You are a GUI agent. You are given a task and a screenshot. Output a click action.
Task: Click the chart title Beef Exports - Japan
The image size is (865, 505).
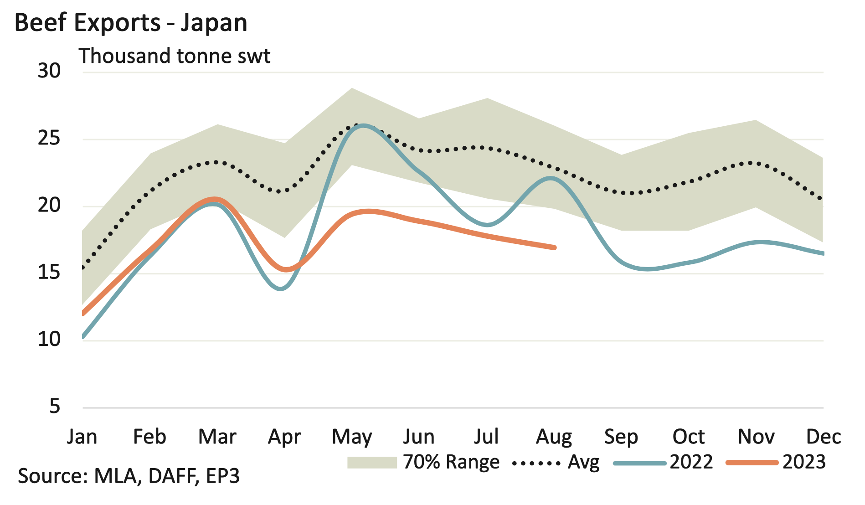tap(131, 23)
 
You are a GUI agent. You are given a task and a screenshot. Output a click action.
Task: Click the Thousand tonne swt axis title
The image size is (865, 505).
tap(175, 56)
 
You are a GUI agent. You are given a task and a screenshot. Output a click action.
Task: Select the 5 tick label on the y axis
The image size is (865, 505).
tap(55, 406)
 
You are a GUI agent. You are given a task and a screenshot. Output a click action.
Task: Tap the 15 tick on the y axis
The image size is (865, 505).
tap(49, 272)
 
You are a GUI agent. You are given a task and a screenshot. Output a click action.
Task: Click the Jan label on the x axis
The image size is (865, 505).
tap(82, 437)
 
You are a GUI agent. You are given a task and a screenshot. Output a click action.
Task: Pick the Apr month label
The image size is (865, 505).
tap(284, 437)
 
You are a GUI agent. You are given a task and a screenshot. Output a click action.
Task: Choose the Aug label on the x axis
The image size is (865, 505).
tap(554, 437)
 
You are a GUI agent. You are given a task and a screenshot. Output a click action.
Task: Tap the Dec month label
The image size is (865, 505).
tap(823, 437)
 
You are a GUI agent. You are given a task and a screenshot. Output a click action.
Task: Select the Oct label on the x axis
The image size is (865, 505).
tap(689, 437)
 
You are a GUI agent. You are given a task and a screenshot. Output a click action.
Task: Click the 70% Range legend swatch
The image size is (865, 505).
tap(372, 463)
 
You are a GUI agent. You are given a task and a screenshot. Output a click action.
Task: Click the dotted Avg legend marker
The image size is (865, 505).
tap(536, 464)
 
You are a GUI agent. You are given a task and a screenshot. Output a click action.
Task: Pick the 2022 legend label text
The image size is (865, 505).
tap(691, 462)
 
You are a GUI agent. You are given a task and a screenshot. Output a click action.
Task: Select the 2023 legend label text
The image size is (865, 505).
tap(804, 462)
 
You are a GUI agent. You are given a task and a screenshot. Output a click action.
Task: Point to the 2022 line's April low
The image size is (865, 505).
tap(281, 289)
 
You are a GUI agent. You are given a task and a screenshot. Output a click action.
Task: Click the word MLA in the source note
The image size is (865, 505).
tap(115, 476)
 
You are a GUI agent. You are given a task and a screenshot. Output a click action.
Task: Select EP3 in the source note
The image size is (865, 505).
tap(223, 476)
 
